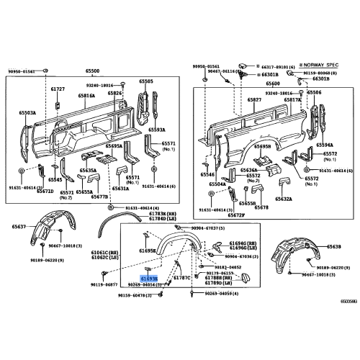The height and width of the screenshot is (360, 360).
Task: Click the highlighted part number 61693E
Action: coord(148,277)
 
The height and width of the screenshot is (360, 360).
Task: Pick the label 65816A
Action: coord(87,95)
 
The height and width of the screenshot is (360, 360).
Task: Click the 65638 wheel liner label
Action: coord(333,246)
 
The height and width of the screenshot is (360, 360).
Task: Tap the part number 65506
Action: coord(315,93)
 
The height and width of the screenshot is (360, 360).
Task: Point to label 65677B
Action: coord(99,197)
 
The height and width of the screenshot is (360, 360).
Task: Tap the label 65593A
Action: coord(156,130)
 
